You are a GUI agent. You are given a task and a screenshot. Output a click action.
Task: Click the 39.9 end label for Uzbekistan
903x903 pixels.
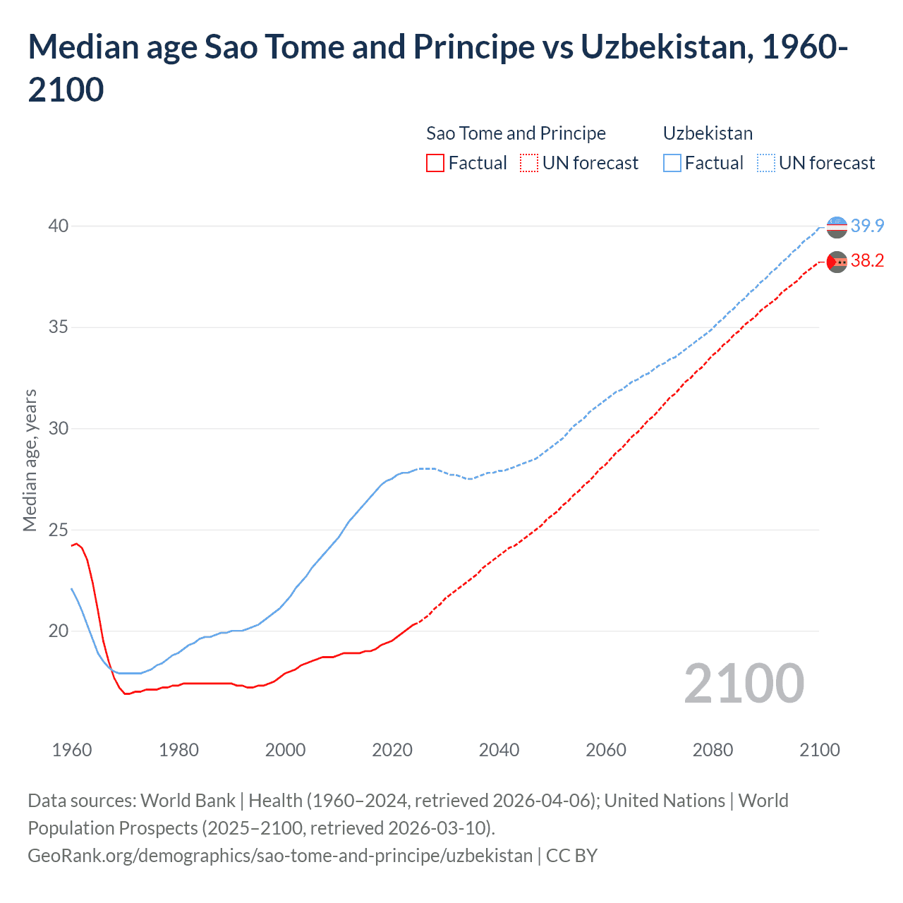tap(867, 226)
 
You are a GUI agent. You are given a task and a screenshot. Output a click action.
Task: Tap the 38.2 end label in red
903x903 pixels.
tap(867, 261)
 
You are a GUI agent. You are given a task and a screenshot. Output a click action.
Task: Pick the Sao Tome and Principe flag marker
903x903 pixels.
tap(837, 262)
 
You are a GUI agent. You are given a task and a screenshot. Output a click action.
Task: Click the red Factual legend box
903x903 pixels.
tap(435, 163)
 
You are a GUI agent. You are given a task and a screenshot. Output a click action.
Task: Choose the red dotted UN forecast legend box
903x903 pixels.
tap(529, 163)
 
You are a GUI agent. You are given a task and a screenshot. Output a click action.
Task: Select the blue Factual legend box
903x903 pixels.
tap(672, 163)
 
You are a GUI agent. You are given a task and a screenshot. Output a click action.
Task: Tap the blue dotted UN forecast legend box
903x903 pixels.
tap(766, 163)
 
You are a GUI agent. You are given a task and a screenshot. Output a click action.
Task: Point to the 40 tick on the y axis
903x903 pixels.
tap(59, 226)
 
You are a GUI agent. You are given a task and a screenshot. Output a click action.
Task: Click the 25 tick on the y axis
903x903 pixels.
tap(59, 530)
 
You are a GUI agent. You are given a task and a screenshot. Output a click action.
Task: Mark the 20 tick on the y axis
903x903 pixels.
tap(59, 631)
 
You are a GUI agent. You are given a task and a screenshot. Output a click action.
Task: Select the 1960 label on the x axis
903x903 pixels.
tap(72, 750)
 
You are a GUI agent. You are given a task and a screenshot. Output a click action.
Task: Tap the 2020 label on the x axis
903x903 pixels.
tap(392, 750)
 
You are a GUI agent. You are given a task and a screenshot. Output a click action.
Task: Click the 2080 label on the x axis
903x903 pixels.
tap(713, 750)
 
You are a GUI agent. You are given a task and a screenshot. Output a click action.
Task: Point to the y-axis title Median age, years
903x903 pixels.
tap(30, 460)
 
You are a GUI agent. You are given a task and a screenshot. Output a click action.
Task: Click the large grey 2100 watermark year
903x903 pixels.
tap(744, 684)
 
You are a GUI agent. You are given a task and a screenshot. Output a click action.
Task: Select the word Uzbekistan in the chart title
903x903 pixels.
tap(663, 47)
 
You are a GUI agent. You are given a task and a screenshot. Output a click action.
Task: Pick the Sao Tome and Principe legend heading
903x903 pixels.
tap(516, 133)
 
